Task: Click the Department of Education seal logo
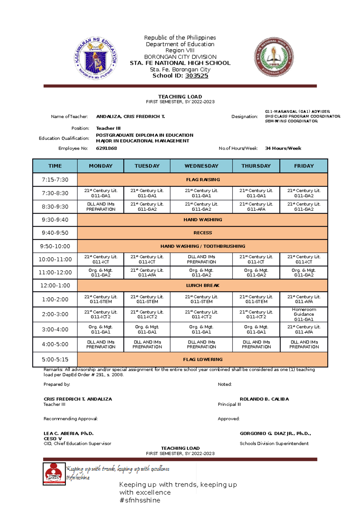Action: pos(96,58)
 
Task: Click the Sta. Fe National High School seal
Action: pos(274,57)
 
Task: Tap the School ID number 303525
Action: pos(196,76)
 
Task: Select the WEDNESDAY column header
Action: pos(201,166)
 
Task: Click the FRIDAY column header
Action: pos(304,166)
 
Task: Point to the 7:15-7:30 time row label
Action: pos(55,180)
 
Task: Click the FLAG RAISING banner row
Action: pos(203,180)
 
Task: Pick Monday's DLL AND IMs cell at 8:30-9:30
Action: pos(100,207)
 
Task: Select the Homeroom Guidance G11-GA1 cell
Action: pos(304,314)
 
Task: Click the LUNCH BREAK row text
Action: pos(203,286)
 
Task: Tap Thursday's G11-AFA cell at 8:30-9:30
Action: pos(256,207)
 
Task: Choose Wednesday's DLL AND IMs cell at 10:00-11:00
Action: pos(201,259)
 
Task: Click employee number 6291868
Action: pos(106,148)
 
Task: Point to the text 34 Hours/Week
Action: pos(283,148)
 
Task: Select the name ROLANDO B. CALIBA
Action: pos(264,399)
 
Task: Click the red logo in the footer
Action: pos(54,474)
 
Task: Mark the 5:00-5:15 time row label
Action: pos(55,359)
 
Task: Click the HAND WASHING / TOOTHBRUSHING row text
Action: pos(203,246)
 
